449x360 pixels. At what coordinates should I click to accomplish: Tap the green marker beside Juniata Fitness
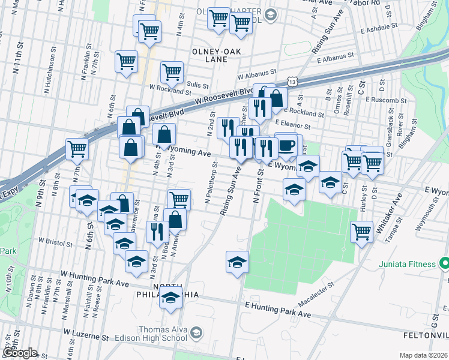point(444,263)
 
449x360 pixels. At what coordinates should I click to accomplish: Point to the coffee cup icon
point(286,146)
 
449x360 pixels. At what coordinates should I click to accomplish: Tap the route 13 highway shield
point(291,80)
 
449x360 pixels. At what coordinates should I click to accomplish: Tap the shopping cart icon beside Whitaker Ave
point(361,231)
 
